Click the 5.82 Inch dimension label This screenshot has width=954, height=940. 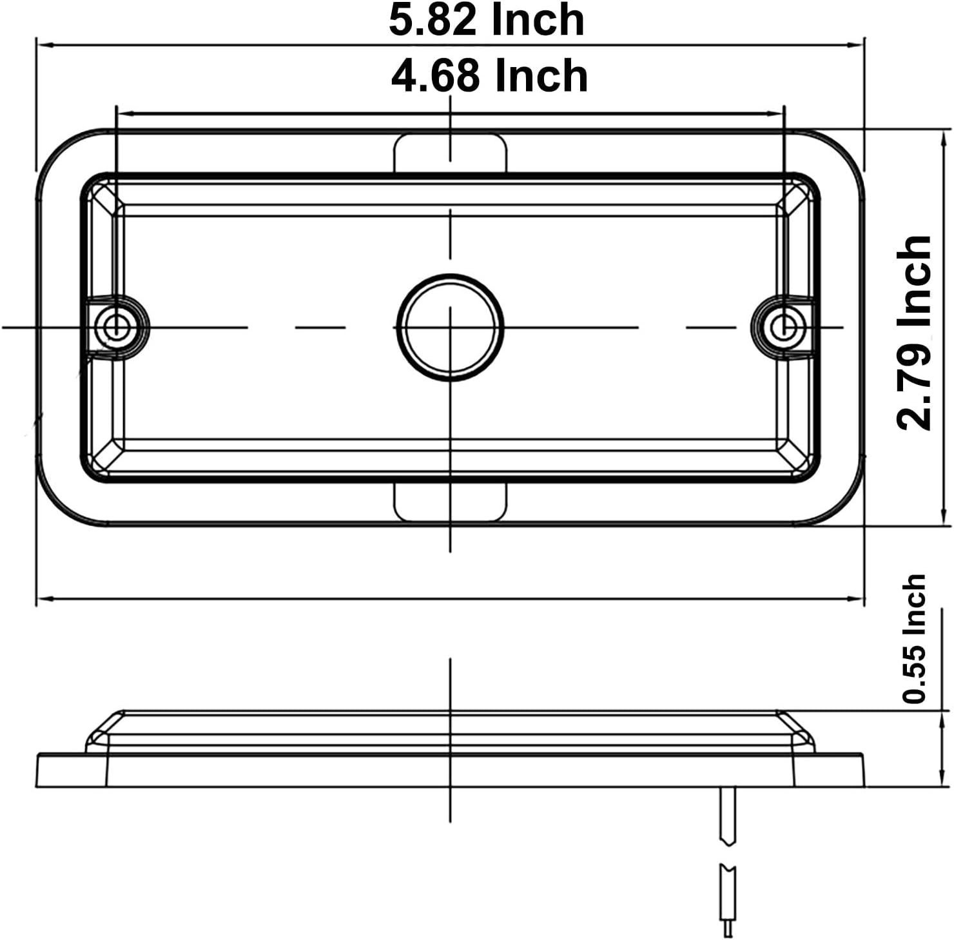point(487,20)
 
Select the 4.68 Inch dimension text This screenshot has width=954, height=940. point(489,75)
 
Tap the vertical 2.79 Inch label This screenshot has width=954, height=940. point(915,333)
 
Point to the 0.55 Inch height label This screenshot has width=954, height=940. point(915,638)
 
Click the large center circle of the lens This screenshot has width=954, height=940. point(450,327)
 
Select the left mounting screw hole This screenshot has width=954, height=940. point(116,326)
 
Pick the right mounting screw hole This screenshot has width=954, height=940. point(784,326)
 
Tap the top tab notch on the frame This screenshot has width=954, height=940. point(450,153)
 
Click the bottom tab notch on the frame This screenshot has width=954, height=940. point(450,501)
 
